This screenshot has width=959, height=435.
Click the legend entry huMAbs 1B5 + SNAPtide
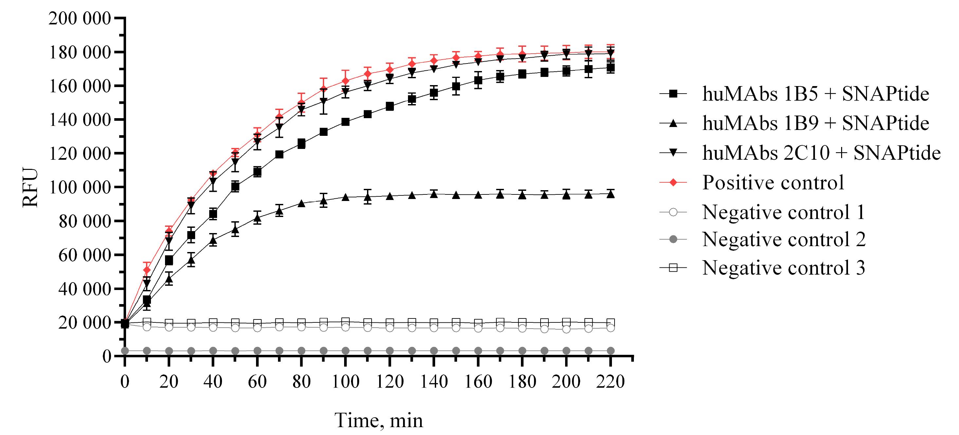pyautogui.click(x=815, y=94)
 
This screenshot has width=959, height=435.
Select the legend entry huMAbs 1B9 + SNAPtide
pyautogui.click(x=815, y=123)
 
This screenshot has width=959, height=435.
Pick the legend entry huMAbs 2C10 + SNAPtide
pyautogui.click(x=821, y=153)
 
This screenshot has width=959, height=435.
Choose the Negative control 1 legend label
pyautogui.click(x=783, y=212)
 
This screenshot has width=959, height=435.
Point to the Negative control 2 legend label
pyautogui.click(x=784, y=239)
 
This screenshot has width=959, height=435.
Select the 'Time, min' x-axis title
pyautogui.click(x=379, y=421)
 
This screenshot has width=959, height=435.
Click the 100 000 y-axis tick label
pyautogui.click(x=80, y=187)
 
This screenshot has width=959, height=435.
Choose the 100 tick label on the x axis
pyautogui.click(x=345, y=382)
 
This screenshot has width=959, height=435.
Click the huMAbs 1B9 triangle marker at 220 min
pyautogui.click(x=611, y=194)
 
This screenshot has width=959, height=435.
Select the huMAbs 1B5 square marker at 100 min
pyautogui.click(x=345, y=122)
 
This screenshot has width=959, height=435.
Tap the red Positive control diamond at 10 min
pyautogui.click(x=147, y=270)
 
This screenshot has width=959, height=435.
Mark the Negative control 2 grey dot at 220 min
pyautogui.click(x=611, y=351)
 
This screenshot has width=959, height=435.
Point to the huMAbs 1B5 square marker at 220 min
pyautogui.click(x=611, y=68)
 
